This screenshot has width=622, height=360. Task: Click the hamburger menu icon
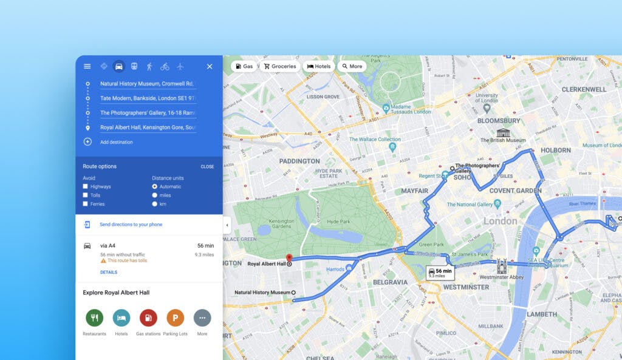[87, 66]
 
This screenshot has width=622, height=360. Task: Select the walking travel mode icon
[149, 66]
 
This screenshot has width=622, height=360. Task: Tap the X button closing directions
[210, 66]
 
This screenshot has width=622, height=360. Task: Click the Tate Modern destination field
[148, 98]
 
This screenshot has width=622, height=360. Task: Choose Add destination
[116, 142]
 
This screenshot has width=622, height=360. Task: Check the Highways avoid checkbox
[86, 186]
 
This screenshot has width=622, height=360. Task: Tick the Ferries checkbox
[86, 204]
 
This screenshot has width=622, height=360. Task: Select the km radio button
[155, 204]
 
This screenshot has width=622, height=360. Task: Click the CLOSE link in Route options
[207, 166]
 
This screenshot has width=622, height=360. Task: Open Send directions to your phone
[131, 225]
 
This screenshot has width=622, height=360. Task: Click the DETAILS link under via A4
[109, 272]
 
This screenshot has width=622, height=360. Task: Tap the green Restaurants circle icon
[94, 318]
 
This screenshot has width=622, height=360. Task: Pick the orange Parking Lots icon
[175, 318]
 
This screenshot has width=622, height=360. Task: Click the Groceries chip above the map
[279, 66]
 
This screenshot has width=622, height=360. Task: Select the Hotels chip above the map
[319, 66]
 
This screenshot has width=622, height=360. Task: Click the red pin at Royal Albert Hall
[289, 258]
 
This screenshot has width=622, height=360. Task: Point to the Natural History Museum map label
[262, 293]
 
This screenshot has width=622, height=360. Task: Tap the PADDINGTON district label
[299, 161]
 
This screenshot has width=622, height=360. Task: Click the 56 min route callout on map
[440, 273]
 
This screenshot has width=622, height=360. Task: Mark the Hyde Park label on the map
[338, 222]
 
